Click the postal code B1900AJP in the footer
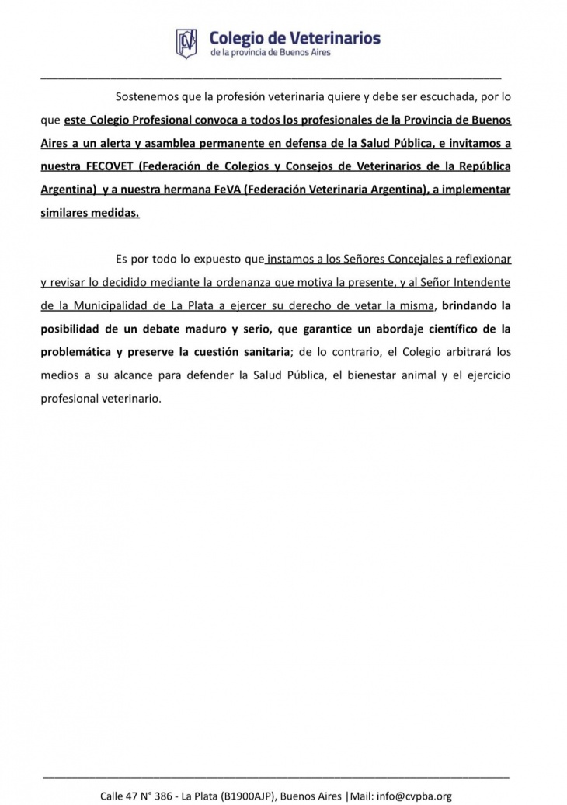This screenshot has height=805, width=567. (x=246, y=795)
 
